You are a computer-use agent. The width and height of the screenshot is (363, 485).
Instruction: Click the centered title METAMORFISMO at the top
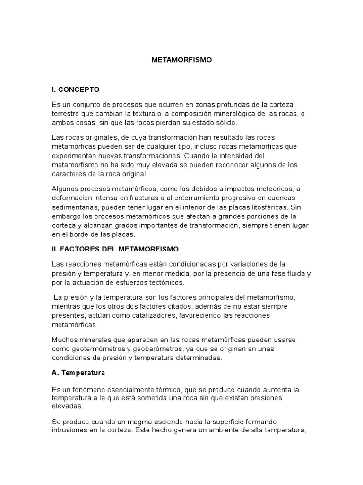(181, 60)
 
